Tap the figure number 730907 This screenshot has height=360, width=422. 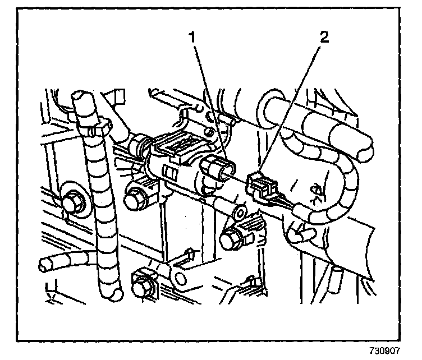point(397,350)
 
